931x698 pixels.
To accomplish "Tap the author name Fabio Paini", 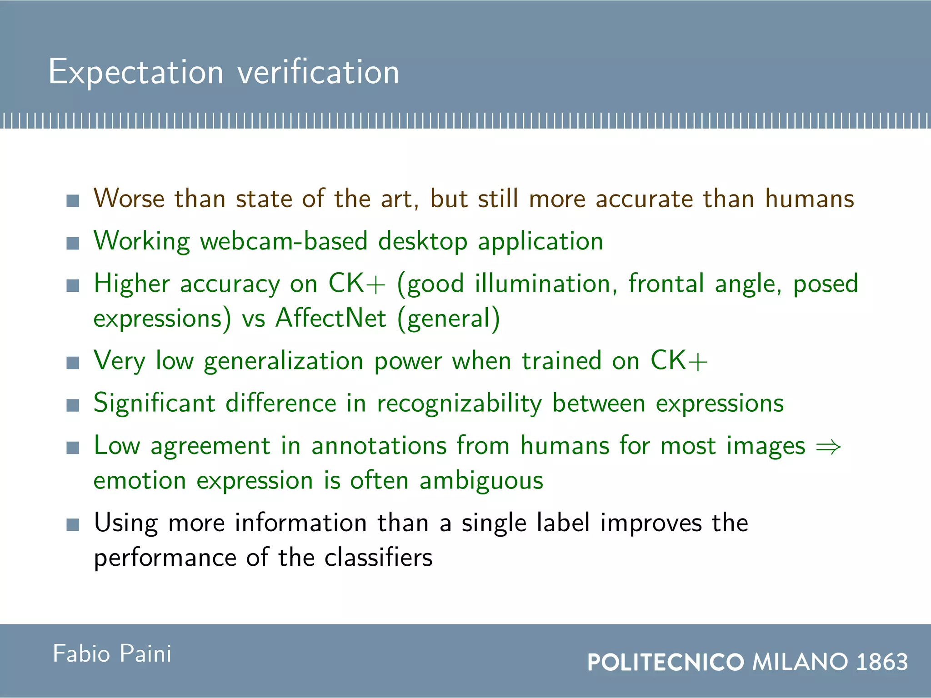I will coord(112,654).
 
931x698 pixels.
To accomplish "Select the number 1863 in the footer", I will coord(882,662).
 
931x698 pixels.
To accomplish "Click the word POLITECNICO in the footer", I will coord(666,662).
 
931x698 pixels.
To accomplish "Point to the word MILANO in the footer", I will coord(800,662).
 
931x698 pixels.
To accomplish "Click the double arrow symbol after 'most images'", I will coord(828,447).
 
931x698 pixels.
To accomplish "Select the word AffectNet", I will coord(331,318).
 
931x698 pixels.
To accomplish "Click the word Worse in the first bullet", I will coord(129,199).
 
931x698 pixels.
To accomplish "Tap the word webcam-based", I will coord(284,241).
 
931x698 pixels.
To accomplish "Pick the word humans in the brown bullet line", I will coord(809,199).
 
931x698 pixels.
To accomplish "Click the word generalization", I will coord(284,362).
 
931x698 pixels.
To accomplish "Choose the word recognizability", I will coord(459,404).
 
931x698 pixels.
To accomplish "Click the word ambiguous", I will coord(481,481).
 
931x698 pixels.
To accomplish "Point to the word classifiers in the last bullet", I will coord(378,558).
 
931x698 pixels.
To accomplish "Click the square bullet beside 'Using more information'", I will coord(73,525).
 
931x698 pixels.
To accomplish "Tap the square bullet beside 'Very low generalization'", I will coord(73,363).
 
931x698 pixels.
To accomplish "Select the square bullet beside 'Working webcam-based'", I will coord(73,244).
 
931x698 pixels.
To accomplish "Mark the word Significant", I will coord(155,404).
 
